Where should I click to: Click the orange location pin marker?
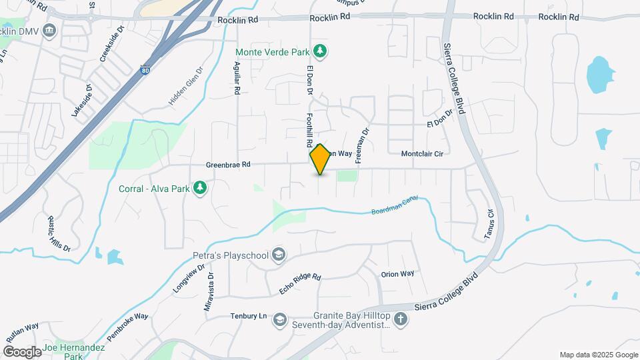320,159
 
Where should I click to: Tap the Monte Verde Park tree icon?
321,51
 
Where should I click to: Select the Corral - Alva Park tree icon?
199,188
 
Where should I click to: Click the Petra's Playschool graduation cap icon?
279,255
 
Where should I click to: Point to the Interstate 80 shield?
146,69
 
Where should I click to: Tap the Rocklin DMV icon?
49,31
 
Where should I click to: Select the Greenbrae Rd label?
228,164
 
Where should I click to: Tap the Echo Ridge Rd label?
300,284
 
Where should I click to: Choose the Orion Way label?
397,273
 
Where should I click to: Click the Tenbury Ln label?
249,316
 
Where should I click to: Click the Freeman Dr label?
362,147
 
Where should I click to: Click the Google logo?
22,351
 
